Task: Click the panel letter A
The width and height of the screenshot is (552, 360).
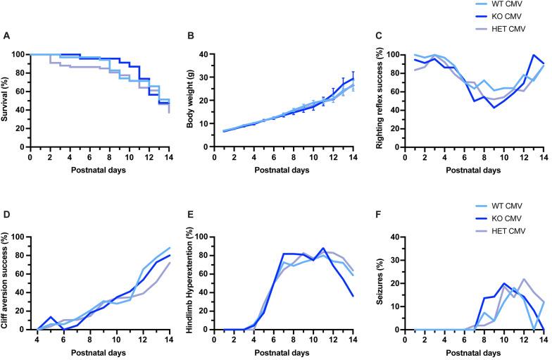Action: (x=7, y=36)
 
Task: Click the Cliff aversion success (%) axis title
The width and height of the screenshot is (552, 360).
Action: (x=6, y=281)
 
